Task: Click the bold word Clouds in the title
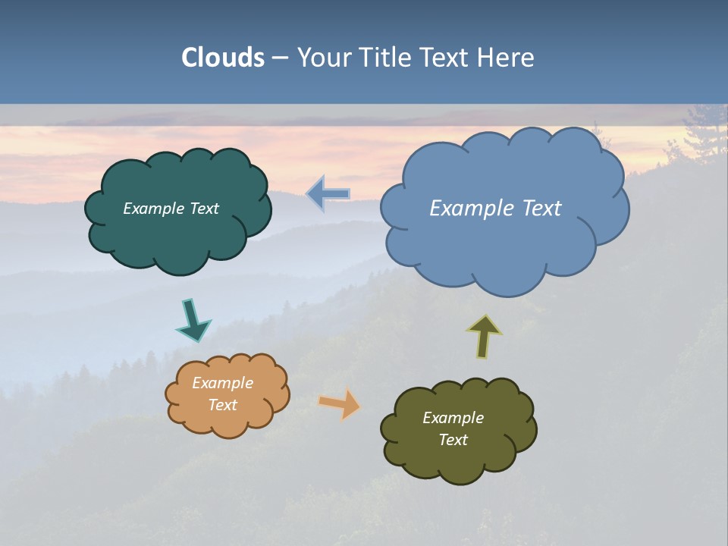[x=222, y=58]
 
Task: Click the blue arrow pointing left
[x=328, y=193]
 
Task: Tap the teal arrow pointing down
[x=193, y=320]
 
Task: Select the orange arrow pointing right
[x=340, y=404]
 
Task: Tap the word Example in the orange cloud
[x=222, y=383]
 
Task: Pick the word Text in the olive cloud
[x=453, y=440]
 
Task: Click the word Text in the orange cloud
[x=222, y=405]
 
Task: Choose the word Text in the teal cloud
[x=204, y=209]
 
